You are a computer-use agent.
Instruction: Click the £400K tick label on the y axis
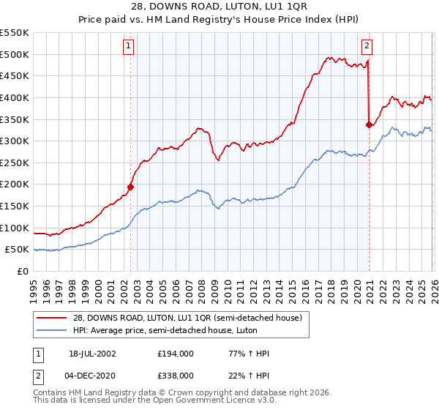(x=15, y=97)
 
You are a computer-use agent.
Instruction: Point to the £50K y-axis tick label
(x=18, y=250)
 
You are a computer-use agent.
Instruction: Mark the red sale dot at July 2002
(x=131, y=187)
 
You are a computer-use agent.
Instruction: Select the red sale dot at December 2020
(x=369, y=124)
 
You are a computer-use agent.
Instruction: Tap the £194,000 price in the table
(x=175, y=354)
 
